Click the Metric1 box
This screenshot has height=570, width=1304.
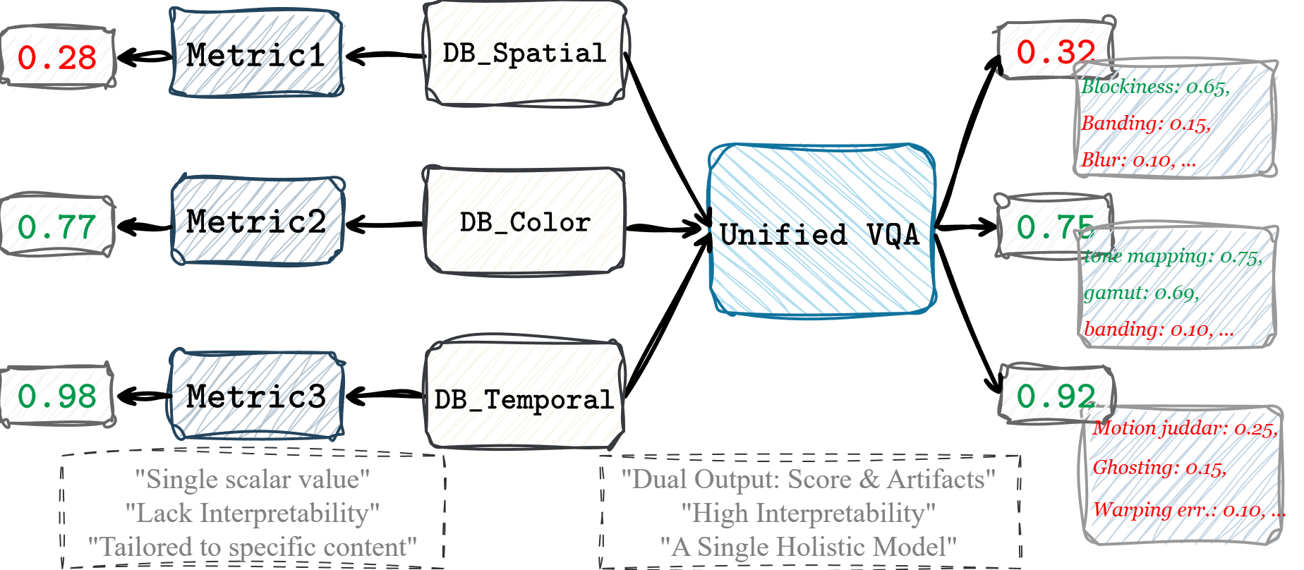point(257,54)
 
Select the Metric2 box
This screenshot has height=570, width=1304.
point(257,222)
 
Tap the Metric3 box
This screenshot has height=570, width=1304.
point(257,396)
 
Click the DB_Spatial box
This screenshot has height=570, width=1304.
point(524,54)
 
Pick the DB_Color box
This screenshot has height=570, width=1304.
point(524,222)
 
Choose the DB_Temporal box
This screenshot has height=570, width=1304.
point(524,399)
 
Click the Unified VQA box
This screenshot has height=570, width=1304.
point(821,233)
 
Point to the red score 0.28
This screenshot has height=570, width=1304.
point(56,57)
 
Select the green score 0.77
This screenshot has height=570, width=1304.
point(56,226)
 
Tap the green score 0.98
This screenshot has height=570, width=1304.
point(56,396)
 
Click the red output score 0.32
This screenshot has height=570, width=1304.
point(1054,51)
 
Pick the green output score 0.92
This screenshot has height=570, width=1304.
point(1054,396)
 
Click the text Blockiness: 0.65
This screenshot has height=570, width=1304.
point(1155,87)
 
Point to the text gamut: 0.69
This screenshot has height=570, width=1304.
point(1141,292)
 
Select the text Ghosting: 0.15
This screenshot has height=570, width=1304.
point(1159,467)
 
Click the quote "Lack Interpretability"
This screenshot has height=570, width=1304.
point(252,513)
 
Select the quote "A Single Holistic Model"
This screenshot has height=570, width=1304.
point(808,547)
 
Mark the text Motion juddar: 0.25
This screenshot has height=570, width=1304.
point(1185,428)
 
